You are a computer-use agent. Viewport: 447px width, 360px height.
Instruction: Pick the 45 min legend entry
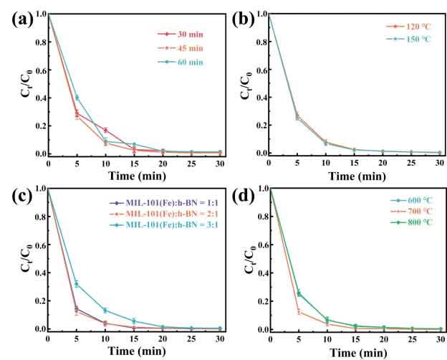tap(188, 48)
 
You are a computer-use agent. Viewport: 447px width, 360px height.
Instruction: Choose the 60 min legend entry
tap(188, 62)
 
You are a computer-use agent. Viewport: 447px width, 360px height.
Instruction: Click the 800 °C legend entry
tap(410, 225)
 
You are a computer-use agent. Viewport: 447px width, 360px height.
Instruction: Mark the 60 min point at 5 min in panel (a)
tap(77, 98)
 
